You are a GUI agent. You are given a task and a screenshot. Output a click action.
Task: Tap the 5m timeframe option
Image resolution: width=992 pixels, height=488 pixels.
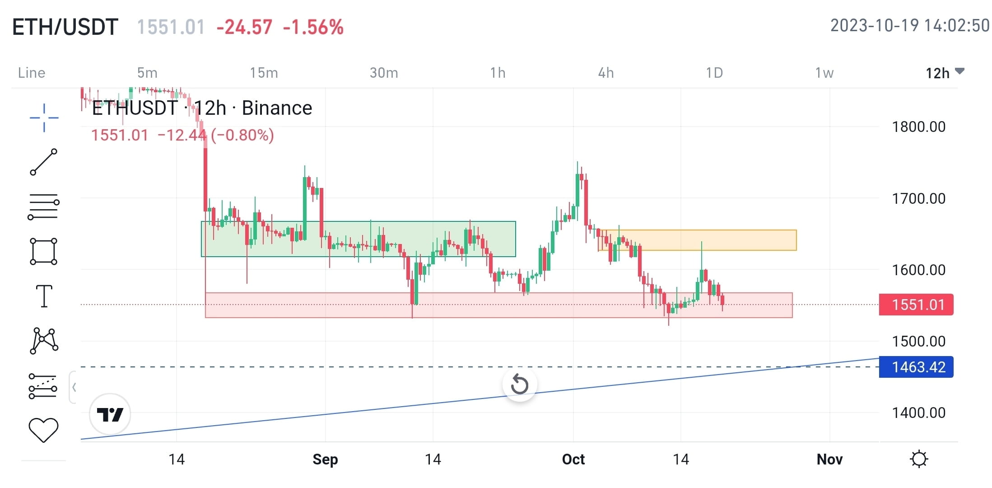147,73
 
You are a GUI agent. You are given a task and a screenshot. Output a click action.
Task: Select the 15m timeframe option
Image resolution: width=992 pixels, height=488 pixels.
264,73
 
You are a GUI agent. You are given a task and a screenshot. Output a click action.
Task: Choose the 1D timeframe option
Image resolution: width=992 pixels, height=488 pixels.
714,73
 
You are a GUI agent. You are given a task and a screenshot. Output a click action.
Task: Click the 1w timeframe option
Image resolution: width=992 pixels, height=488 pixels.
824,73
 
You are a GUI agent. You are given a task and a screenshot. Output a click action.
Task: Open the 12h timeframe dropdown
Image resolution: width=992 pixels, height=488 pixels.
944,73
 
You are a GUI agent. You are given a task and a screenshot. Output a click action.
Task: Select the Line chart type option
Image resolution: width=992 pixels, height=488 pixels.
32,73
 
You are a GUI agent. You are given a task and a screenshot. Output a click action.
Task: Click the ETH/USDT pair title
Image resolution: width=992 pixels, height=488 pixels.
65,27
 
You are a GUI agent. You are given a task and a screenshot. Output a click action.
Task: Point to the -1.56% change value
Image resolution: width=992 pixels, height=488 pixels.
313,27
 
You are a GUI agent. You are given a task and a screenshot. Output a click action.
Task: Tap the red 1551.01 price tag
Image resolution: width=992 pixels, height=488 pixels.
916,305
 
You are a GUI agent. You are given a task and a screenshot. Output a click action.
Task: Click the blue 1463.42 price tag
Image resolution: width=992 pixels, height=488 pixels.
916,367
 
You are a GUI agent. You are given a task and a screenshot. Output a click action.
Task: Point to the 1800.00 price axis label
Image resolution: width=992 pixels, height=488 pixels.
918,127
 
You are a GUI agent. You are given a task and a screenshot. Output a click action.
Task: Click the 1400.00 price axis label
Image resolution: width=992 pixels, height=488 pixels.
918,413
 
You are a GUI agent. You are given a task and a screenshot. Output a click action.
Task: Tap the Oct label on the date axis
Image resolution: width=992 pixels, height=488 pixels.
573,460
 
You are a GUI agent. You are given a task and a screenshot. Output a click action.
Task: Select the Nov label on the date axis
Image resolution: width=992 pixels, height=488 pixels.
829,460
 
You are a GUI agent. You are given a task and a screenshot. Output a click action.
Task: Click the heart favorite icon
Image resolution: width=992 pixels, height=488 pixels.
43,430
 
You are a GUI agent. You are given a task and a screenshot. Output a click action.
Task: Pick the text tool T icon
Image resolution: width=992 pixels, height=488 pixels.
44,296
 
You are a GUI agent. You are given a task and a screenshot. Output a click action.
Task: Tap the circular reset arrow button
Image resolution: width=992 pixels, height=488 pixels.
519,385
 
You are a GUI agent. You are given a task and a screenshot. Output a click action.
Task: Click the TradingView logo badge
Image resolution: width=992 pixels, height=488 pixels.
110,414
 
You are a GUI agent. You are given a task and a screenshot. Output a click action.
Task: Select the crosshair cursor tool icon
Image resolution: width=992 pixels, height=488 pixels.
44,118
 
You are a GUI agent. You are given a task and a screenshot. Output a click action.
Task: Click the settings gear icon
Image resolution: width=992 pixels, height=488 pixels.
919,459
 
